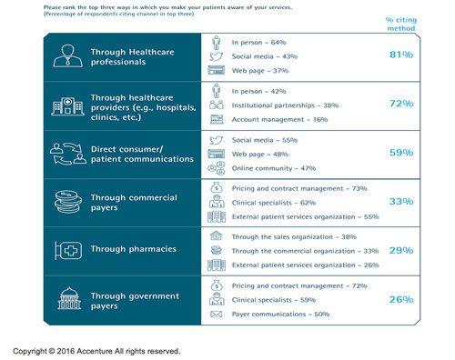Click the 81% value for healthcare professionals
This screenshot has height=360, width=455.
401,55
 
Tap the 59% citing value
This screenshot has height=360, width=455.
401,154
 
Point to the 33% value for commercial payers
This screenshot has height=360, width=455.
401,201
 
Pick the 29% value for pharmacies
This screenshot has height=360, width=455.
401,249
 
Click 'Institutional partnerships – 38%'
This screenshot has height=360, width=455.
284,105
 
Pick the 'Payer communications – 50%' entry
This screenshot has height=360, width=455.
278,314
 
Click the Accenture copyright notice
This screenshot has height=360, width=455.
96,350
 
